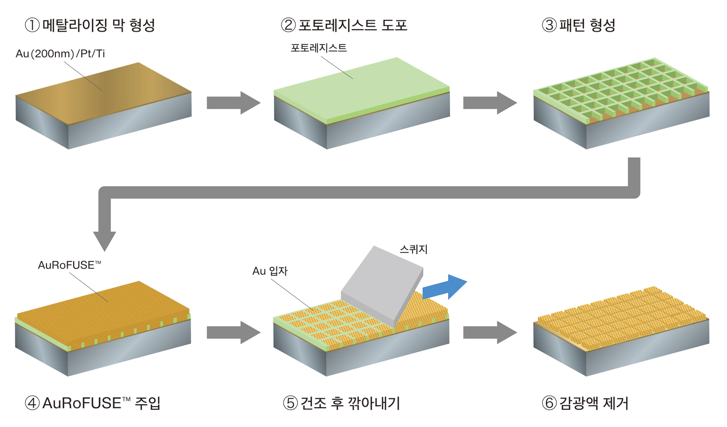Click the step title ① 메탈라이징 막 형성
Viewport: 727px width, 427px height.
90,25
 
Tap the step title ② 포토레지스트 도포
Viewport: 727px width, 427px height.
344,25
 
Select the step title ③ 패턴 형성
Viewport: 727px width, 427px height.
579,25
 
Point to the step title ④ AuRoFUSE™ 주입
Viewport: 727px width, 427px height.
92,403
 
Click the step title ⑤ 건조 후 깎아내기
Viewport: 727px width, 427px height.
341,403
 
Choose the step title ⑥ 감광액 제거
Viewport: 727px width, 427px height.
585,403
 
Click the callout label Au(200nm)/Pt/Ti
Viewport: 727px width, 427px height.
60,53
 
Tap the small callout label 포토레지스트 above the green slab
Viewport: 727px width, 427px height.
318,48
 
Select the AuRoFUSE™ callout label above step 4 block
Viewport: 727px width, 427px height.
69,265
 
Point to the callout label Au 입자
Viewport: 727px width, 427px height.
270,271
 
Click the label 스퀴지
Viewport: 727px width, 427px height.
413,249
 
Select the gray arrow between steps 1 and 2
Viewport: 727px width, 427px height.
233,103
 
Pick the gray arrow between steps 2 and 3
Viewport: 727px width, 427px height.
490,103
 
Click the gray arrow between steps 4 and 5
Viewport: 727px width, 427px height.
233,333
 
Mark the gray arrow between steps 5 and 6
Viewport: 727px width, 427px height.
490,333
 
